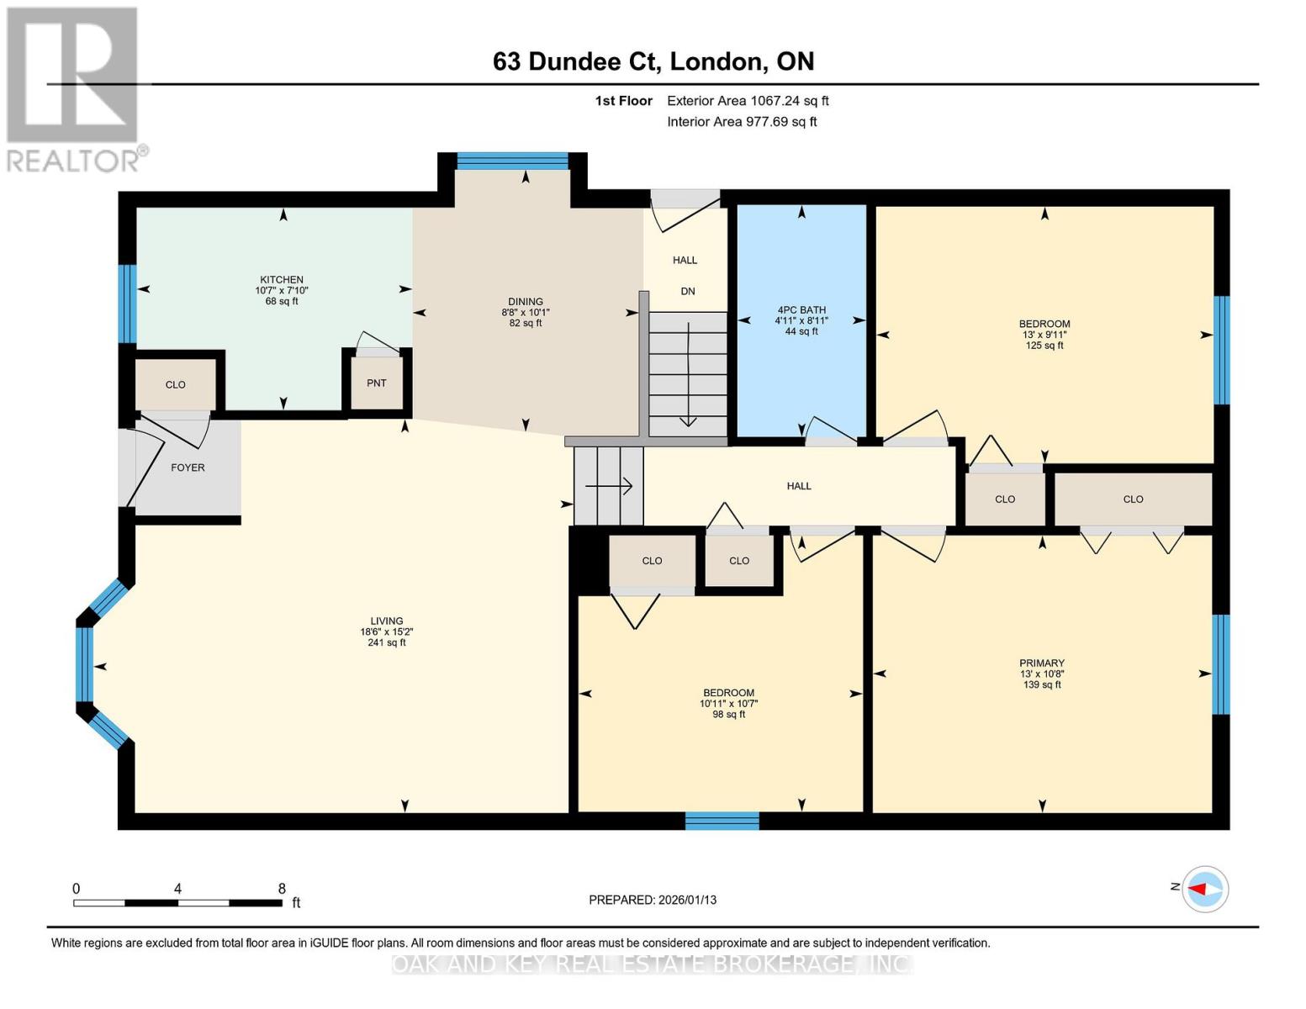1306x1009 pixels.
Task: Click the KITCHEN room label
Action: tap(282, 280)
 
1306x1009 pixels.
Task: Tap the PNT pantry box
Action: tap(377, 383)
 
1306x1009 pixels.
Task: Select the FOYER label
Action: tap(188, 468)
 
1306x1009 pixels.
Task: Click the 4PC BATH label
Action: tap(801, 309)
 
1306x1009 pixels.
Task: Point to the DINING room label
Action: tap(526, 302)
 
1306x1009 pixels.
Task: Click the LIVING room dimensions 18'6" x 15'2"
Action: tap(387, 632)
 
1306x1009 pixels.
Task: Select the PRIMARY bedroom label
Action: tap(1042, 663)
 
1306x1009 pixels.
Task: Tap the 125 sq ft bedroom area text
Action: tap(1044, 346)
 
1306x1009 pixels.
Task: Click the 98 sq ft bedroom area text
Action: tap(728, 715)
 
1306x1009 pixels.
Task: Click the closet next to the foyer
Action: tap(176, 385)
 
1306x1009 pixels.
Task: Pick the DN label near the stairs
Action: tap(688, 292)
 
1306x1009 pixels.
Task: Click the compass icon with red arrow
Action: tap(1205, 889)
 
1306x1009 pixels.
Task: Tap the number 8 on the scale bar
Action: tap(282, 889)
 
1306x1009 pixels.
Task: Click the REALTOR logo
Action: tap(74, 88)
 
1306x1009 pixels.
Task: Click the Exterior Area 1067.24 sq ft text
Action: tap(748, 101)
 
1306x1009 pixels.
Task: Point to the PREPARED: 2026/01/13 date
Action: tap(653, 900)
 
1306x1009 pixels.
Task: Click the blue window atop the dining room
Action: tap(512, 161)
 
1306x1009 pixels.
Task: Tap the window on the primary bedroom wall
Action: tap(1220, 664)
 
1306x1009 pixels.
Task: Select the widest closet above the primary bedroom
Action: tap(1133, 499)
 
